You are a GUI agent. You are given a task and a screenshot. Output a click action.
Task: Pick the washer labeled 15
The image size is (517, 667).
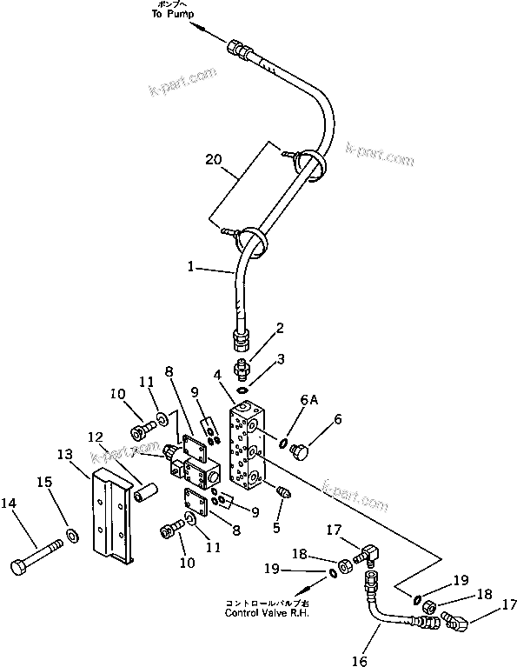pos(70,531)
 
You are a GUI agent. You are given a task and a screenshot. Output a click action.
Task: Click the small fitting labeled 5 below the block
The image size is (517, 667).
pos(282,491)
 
